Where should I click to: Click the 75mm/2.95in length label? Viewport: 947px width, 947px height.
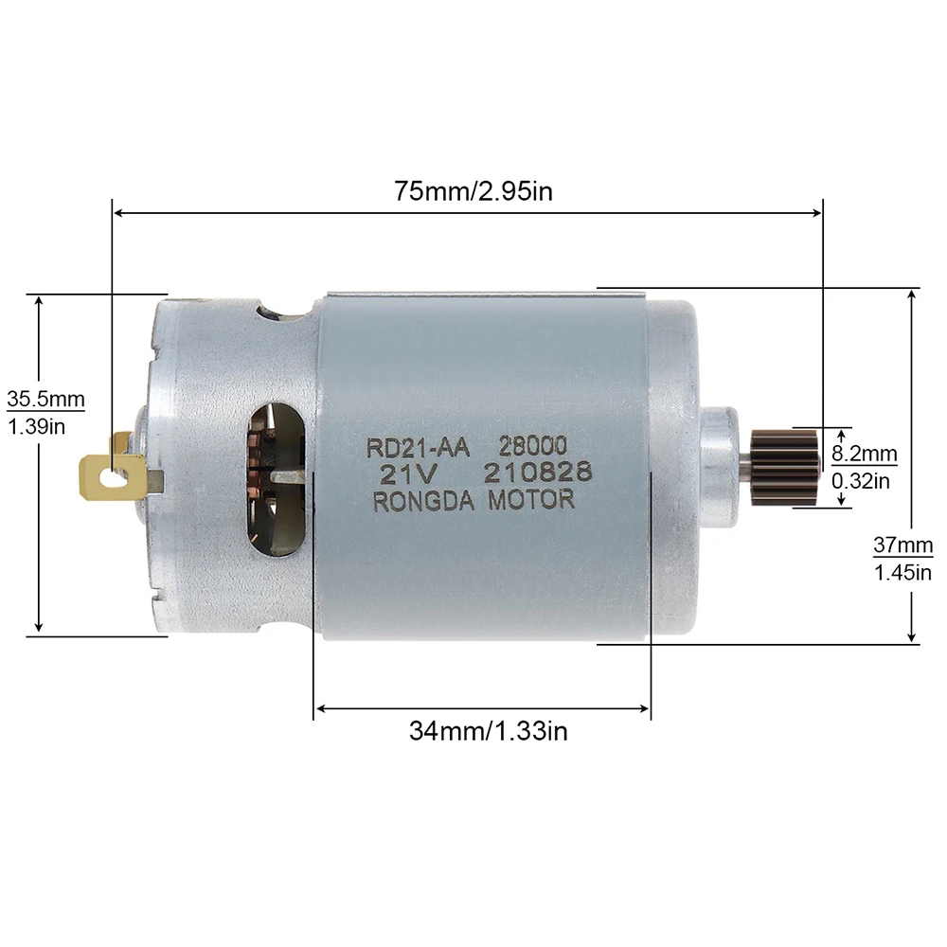tap(473, 189)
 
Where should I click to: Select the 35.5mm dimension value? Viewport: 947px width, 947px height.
tap(45, 398)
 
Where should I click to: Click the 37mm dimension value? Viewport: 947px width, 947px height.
tap(902, 545)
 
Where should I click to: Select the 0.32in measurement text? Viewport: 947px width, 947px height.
tap(861, 481)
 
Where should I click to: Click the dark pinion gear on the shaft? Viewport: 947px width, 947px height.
tap(784, 466)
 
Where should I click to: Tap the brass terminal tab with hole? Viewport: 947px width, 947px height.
tap(113, 474)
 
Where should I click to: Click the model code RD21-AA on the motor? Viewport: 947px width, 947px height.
tap(417, 445)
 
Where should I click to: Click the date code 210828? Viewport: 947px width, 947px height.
tap(537, 472)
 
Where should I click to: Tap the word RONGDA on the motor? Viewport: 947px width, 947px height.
tap(426, 502)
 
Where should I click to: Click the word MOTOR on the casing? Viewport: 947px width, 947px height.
tap(530, 500)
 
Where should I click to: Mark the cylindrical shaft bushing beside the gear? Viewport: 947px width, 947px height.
tap(721, 466)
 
